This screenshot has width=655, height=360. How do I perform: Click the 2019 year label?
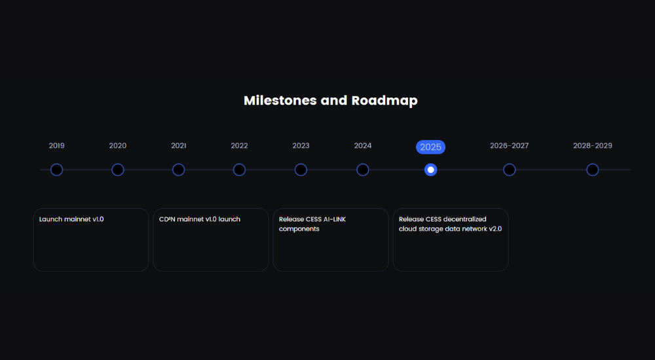point(56,146)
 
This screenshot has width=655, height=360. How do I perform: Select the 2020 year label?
point(118,146)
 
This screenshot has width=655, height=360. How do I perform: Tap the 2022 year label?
point(239,146)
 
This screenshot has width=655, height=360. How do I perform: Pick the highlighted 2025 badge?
point(431,147)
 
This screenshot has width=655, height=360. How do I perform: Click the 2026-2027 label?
point(509,146)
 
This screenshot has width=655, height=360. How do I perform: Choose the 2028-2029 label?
point(592,146)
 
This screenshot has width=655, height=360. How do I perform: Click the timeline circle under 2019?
point(57,170)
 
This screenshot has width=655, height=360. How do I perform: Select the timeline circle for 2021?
point(178,170)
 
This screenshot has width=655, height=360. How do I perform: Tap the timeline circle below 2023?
point(301,170)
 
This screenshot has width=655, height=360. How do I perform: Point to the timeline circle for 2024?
point(363,170)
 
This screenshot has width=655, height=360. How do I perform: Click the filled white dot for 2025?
point(431,170)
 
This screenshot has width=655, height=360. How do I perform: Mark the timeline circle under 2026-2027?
point(509,170)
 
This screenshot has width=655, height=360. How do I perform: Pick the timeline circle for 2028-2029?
point(592,170)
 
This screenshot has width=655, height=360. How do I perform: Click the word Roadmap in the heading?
point(384,101)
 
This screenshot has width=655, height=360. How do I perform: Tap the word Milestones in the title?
point(280,100)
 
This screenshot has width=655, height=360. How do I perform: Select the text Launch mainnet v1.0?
point(71,219)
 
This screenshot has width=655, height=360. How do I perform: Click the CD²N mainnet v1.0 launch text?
point(200,219)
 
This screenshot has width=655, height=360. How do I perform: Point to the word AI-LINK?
point(332,219)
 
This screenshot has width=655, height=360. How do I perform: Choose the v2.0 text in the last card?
point(495,229)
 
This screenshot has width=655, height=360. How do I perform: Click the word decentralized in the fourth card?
point(465,219)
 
